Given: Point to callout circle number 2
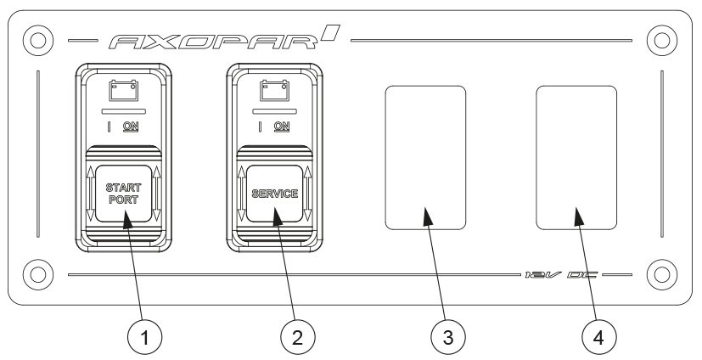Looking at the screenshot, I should pos(295,335).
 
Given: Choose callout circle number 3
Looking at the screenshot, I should pos(446,335).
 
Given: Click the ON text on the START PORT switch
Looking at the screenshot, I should pos(131,127).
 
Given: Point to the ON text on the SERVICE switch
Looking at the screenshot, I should pos(282,127).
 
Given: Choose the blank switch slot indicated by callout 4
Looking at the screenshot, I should pos(576,158).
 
